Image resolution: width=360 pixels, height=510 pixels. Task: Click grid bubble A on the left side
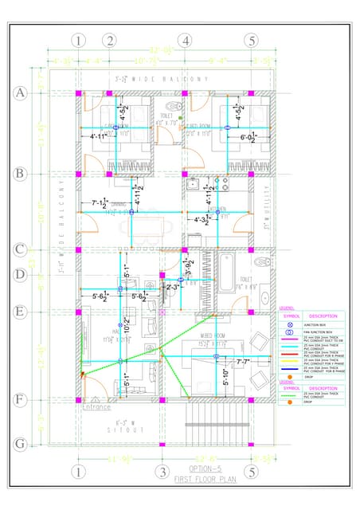[x=21, y=93]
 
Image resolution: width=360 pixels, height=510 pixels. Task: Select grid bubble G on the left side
[x=21, y=443]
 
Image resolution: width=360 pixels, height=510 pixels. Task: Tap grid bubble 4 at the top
[x=185, y=41]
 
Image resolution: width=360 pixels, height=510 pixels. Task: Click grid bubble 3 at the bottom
[x=162, y=472]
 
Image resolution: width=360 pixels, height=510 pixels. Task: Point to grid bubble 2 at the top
[x=109, y=41]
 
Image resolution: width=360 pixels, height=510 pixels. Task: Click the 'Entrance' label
[x=96, y=406]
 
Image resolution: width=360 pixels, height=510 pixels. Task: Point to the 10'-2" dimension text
[x=127, y=326]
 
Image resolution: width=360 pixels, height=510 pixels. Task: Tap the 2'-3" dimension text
[x=170, y=287]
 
